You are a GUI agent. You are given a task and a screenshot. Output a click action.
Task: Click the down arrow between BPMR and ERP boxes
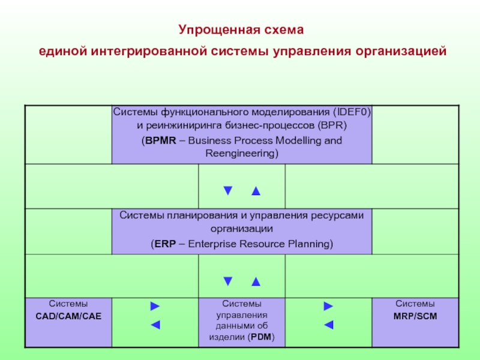click(x=227, y=191)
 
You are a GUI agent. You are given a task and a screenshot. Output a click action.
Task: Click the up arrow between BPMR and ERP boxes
click(x=256, y=191)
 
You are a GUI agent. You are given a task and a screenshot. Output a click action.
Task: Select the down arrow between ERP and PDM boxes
click(x=227, y=280)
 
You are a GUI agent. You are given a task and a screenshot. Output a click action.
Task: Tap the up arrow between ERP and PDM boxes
click(x=256, y=280)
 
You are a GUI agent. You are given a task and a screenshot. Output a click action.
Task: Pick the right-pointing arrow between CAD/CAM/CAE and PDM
click(x=155, y=307)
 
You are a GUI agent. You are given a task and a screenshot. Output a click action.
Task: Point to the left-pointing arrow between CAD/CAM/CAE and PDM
click(x=155, y=325)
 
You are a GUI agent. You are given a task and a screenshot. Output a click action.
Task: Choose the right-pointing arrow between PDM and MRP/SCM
click(x=328, y=307)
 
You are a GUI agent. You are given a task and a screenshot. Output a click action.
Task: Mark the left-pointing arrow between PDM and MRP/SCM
click(x=328, y=325)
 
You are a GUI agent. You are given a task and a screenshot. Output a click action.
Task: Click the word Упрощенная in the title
click(x=213, y=29)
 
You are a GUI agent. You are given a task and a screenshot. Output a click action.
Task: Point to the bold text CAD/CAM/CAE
click(x=68, y=316)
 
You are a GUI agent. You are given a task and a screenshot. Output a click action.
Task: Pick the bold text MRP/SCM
click(x=415, y=316)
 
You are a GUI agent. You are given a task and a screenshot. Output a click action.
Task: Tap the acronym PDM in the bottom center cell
click(x=260, y=337)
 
